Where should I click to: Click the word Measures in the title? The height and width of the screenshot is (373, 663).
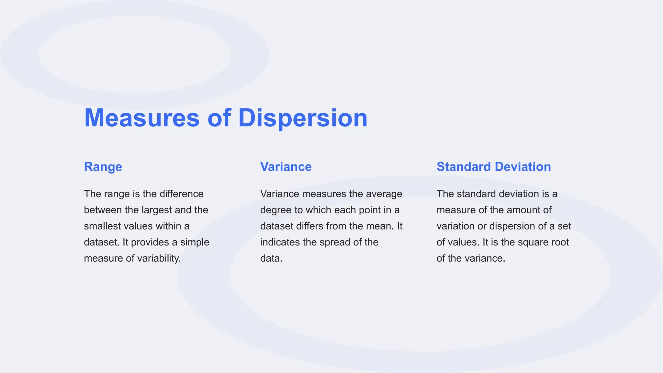pos(142,118)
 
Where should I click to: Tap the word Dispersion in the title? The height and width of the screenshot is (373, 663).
pos(303,118)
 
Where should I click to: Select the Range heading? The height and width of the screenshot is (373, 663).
pos(103,167)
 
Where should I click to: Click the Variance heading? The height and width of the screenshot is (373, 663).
pos(286,167)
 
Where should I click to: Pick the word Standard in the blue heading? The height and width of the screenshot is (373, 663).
pos(464,167)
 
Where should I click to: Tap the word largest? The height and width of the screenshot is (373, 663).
pos(157,210)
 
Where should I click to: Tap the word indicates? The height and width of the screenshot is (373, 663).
pos(280,243)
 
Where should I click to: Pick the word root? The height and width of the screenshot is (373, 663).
pos(560,243)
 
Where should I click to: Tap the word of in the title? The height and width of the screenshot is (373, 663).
pos(219,118)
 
